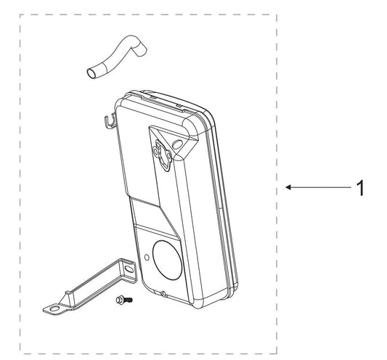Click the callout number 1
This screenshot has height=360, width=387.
click(x=361, y=188)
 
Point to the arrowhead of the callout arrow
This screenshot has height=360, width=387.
click(x=288, y=187)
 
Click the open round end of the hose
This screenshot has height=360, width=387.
click(x=91, y=73)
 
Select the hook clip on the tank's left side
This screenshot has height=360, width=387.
click(x=110, y=121)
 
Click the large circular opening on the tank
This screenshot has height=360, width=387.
click(x=168, y=260)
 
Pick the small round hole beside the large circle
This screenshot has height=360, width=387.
click(x=147, y=258)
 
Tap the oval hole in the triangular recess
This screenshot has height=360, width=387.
click(x=177, y=144)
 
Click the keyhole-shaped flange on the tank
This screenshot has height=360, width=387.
click(x=162, y=155)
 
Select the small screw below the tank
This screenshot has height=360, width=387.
click(x=124, y=300)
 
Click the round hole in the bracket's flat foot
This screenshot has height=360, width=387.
click(x=54, y=308)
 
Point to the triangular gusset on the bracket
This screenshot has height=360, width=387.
click(x=67, y=298)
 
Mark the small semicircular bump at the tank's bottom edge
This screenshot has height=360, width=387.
click(x=163, y=293)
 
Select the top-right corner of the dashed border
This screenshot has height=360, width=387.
click(x=277, y=15)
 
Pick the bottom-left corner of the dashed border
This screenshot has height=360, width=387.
click(x=20, y=353)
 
